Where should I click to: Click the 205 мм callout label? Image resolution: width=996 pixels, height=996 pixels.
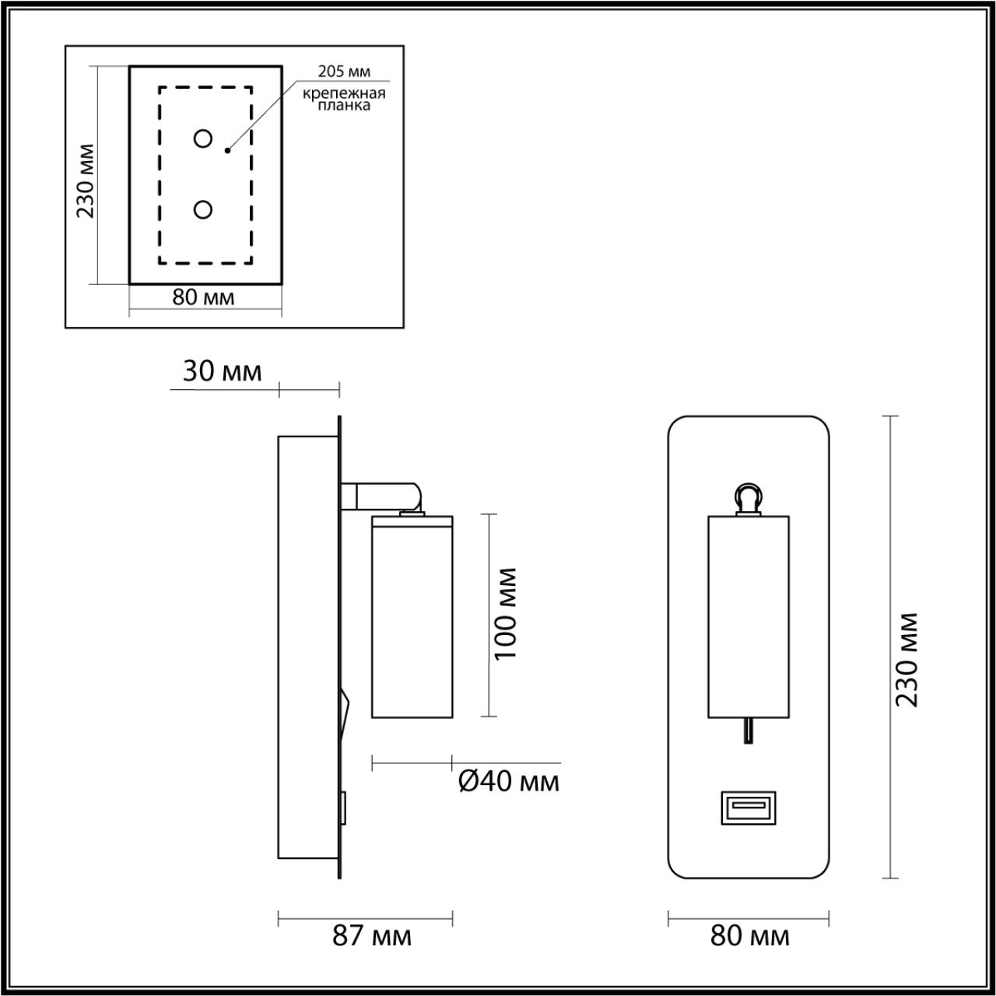pyautogui.click(x=343, y=72)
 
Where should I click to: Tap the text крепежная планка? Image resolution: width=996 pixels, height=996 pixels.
pyautogui.click(x=344, y=99)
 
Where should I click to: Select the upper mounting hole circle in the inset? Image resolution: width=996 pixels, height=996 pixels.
pyautogui.click(x=203, y=139)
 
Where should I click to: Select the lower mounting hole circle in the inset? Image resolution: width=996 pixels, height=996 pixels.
pyautogui.click(x=203, y=209)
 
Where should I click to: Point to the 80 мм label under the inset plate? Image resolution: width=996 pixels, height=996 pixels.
pyautogui.click(x=203, y=297)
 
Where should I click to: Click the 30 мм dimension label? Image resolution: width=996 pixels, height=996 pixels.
pyautogui.click(x=222, y=372)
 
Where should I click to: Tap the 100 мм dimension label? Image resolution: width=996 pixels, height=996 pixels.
pyautogui.click(x=506, y=614)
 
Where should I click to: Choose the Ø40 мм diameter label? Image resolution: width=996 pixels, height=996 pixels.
pyautogui.click(x=508, y=781)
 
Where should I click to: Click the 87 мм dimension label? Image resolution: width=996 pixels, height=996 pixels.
pyautogui.click(x=372, y=936)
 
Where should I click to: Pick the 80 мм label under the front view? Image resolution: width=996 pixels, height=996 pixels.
pyautogui.click(x=749, y=936)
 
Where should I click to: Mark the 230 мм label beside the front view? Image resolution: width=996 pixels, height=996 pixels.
pyautogui.click(x=907, y=660)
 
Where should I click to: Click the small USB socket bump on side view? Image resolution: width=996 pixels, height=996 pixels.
pyautogui.click(x=343, y=808)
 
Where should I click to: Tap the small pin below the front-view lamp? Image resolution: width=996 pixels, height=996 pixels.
pyautogui.click(x=748, y=731)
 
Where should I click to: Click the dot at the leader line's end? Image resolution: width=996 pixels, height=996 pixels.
pyautogui.click(x=227, y=149)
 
